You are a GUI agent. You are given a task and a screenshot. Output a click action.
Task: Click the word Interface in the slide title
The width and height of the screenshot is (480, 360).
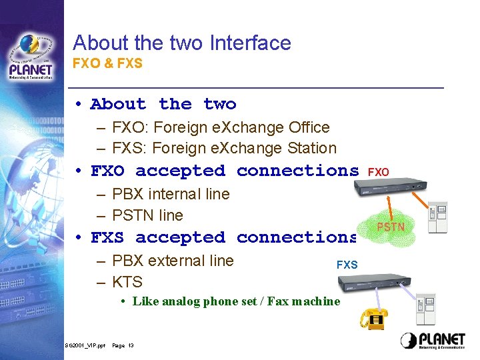[x=250, y=43]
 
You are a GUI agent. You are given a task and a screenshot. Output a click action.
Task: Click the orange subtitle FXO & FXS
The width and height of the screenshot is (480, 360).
[x=107, y=64]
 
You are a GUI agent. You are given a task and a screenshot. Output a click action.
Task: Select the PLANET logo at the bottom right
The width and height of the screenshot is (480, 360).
[x=433, y=340]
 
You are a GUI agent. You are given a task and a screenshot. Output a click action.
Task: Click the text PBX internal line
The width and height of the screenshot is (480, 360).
[x=171, y=194]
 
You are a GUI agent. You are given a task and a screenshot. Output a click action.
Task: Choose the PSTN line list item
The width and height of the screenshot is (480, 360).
[x=147, y=215]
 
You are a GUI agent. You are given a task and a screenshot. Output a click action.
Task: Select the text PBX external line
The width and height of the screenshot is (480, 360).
[x=173, y=261]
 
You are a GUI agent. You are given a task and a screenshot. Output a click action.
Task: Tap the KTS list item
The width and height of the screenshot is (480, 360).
[x=127, y=282]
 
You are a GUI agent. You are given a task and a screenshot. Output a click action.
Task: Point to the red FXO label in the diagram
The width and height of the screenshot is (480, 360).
[x=378, y=172]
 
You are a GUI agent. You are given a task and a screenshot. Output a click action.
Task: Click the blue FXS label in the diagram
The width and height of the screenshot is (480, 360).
[x=347, y=265]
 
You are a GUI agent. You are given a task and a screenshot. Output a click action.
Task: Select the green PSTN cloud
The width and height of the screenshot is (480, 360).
[x=391, y=227]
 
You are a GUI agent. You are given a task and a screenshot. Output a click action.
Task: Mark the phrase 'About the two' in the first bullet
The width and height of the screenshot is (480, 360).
[x=163, y=104]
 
